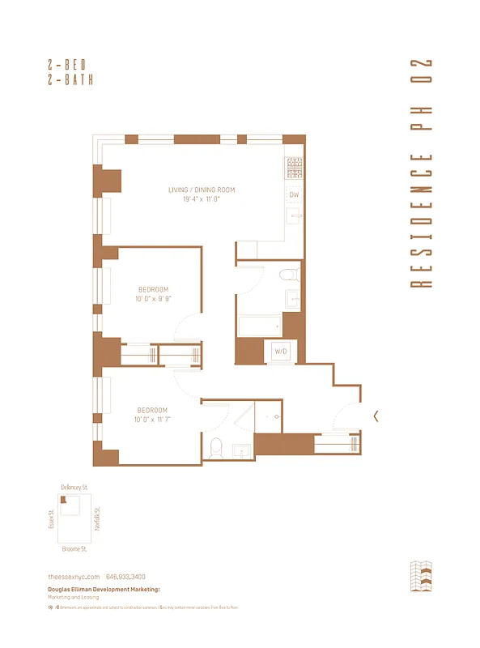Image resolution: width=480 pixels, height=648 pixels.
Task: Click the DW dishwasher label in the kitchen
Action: (294, 195)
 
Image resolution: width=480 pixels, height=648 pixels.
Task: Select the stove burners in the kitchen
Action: (294, 167)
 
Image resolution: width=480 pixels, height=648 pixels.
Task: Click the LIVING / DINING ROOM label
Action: (202, 190)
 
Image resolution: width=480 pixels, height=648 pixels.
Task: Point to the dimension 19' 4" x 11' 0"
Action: (202, 199)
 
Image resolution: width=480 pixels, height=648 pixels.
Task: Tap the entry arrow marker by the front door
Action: (376, 416)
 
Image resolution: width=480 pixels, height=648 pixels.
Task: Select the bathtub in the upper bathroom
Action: (259, 326)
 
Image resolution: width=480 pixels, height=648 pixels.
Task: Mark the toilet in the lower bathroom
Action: (215, 446)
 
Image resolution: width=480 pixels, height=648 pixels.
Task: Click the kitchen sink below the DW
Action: (294, 216)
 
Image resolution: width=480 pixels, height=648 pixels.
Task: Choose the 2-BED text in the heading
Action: (72, 64)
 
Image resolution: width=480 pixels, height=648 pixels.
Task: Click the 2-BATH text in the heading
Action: (72, 79)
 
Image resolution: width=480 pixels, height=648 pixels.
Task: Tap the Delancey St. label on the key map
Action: (74, 487)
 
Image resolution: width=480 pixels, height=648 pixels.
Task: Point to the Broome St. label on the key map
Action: (74, 548)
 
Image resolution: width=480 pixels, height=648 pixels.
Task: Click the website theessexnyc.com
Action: (74, 576)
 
